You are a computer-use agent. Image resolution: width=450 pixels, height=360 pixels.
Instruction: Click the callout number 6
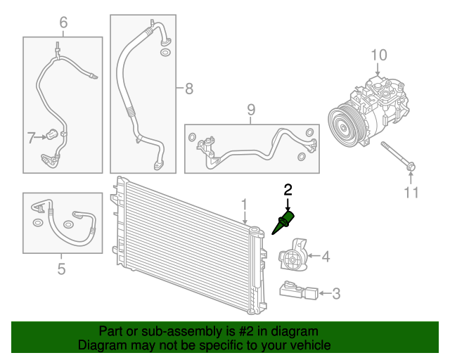pyautogui.click(x=63, y=23)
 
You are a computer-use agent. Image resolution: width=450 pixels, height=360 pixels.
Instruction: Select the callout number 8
pyautogui.click(x=188, y=89)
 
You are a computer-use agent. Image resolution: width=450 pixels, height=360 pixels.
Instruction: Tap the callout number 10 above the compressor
pyautogui.click(x=378, y=54)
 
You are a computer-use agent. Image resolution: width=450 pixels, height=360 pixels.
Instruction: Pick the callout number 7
pyautogui.click(x=31, y=138)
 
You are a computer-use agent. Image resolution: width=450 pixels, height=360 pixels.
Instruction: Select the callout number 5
pyautogui.click(x=61, y=268)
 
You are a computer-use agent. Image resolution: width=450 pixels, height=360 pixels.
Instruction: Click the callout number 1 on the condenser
pyautogui.click(x=245, y=205)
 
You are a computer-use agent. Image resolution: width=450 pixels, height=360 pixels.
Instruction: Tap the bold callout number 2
pyautogui.click(x=287, y=189)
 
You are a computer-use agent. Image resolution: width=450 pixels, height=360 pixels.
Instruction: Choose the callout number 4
pyautogui.click(x=326, y=257)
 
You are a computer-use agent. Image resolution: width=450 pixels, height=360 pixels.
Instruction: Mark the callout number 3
pyautogui.click(x=336, y=293)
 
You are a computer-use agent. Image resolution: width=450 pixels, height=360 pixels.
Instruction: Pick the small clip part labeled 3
pyautogui.click(x=295, y=289)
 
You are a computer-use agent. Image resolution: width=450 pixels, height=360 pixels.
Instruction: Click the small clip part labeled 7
pyautogui.click(x=53, y=134)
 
